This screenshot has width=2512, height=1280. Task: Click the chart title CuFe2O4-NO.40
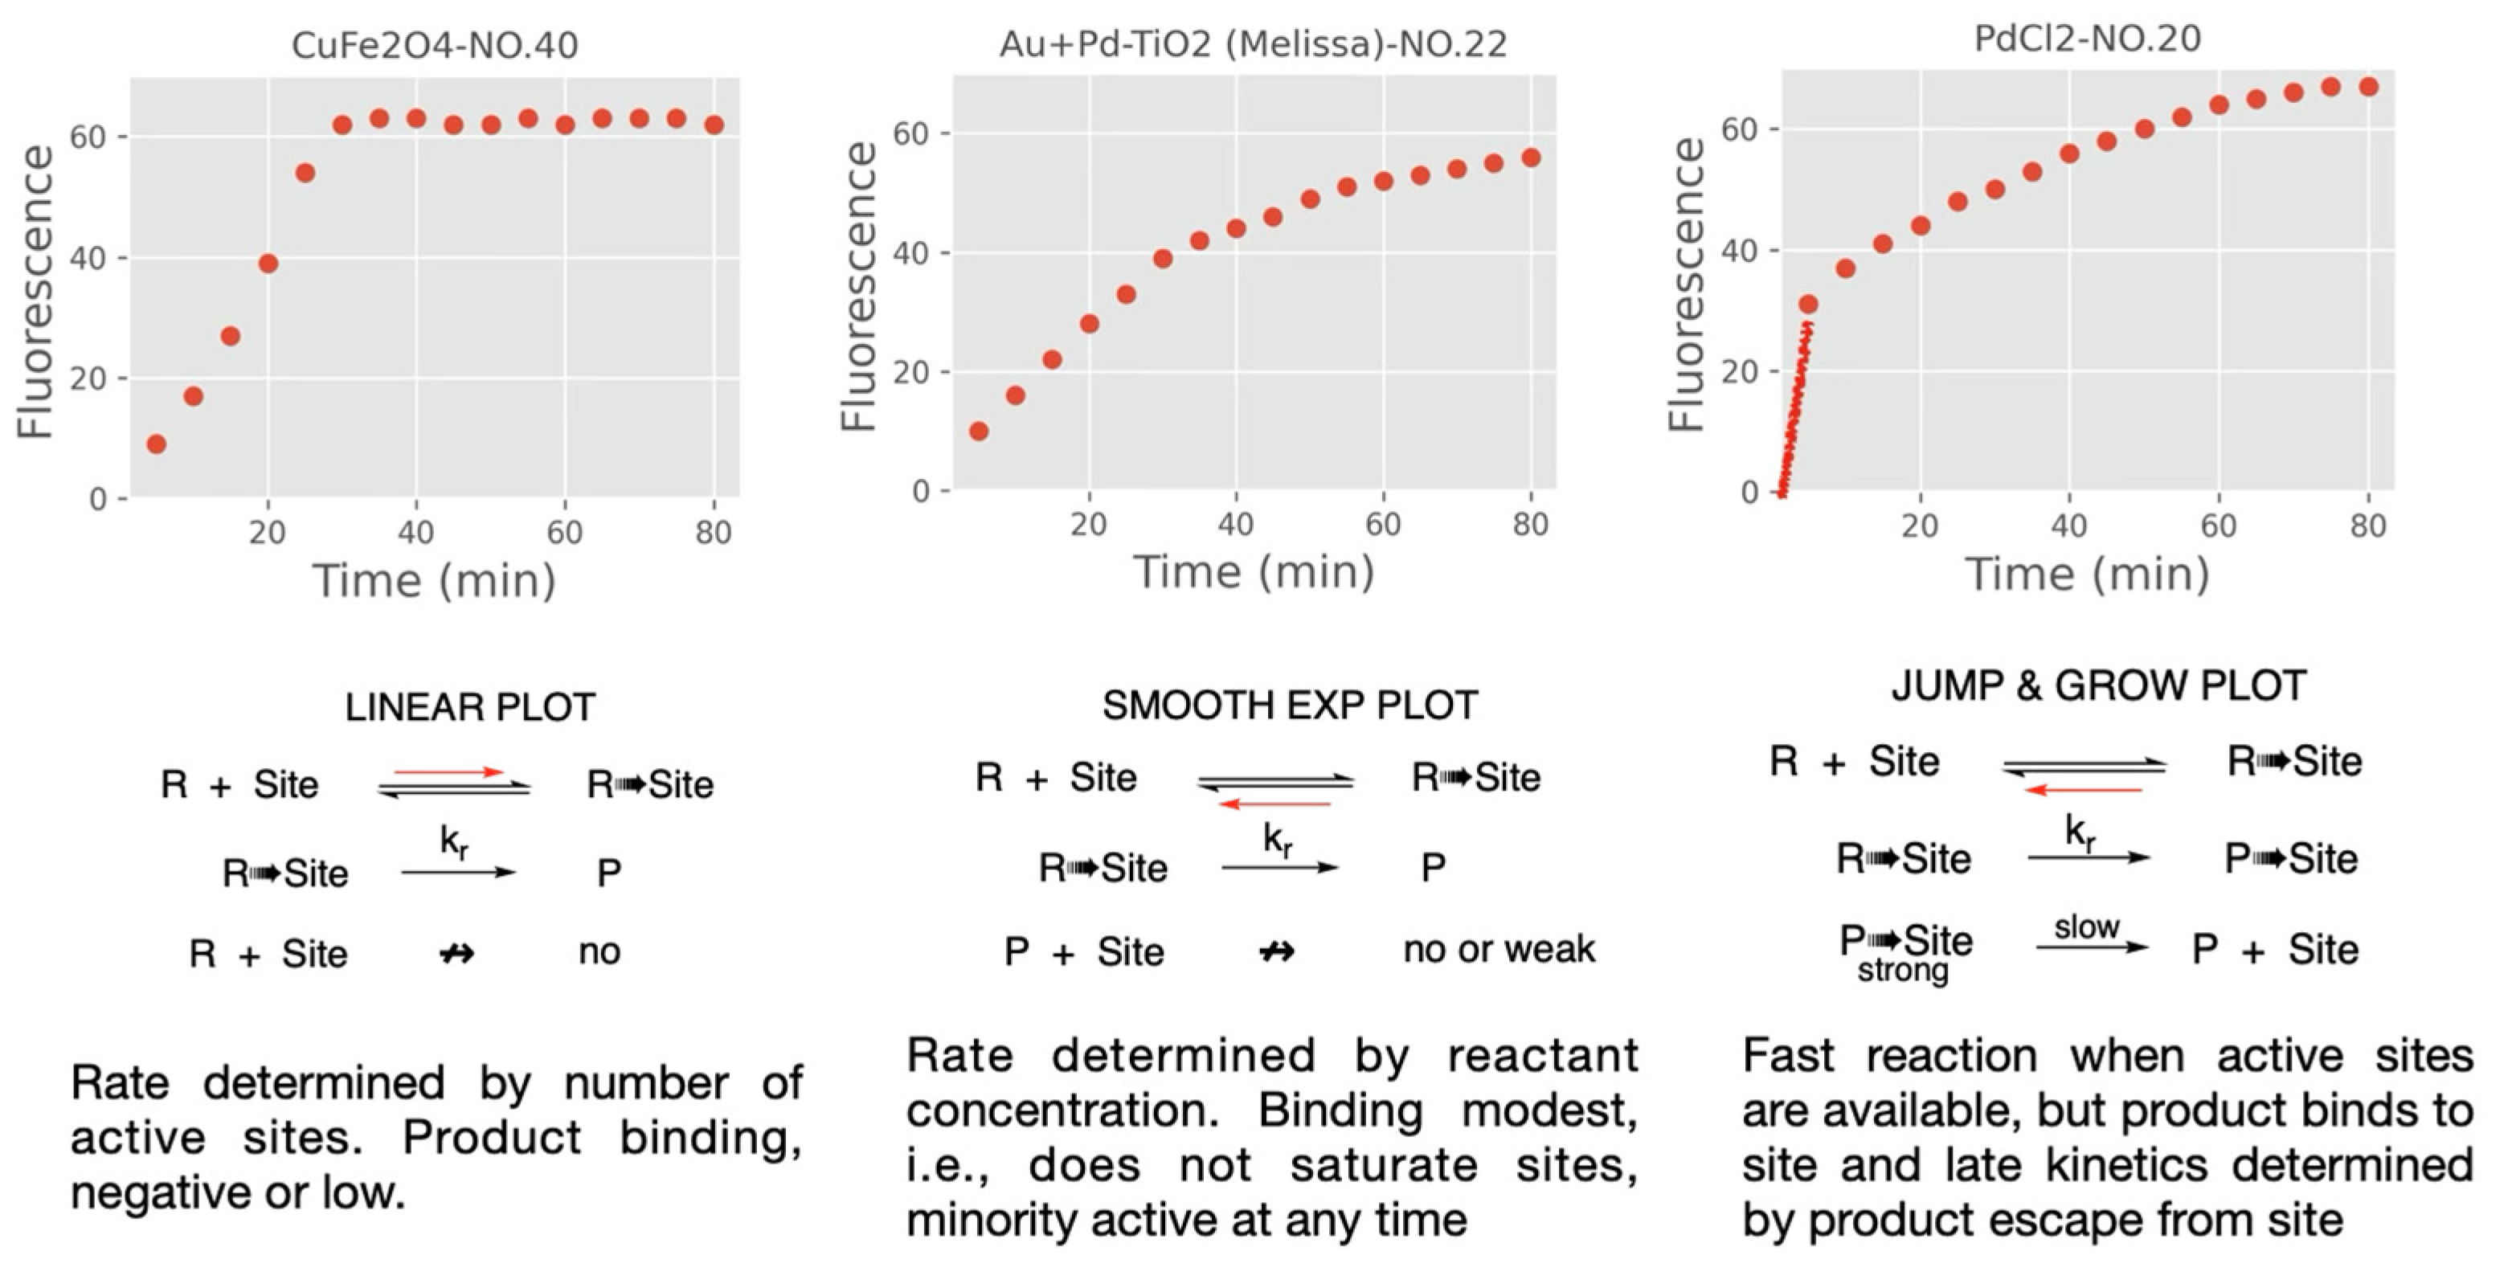(x=434, y=45)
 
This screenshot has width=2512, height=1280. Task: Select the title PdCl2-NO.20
(x=2087, y=39)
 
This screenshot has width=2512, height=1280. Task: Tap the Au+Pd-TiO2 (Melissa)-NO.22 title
(x=1253, y=45)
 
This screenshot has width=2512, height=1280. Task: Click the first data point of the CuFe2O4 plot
(x=156, y=444)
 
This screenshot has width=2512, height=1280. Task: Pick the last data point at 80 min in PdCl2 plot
(x=2367, y=87)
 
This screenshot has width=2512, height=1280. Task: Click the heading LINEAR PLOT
(x=470, y=708)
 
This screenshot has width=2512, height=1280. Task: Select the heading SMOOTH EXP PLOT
(x=1289, y=705)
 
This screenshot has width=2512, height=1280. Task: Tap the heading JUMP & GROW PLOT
(x=2098, y=686)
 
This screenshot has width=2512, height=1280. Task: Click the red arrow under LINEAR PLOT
(x=448, y=772)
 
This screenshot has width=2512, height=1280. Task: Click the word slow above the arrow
(x=2087, y=927)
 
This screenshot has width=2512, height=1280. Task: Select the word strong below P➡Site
(x=1903, y=971)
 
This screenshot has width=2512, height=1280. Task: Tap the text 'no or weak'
(x=1499, y=948)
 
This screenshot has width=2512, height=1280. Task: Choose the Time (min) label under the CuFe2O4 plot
(x=434, y=581)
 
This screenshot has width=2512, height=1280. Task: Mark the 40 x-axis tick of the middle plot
(x=1236, y=525)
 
